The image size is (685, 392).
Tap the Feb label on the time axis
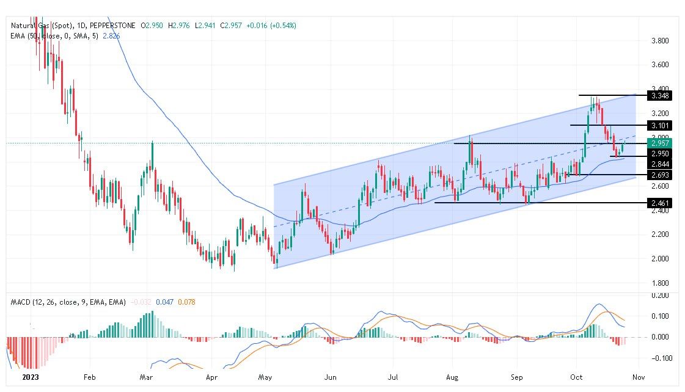[x=89, y=377]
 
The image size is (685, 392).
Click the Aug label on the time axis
[x=453, y=377]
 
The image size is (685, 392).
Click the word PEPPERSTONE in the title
[x=115, y=26]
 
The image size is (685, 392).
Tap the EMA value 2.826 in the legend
[x=111, y=36]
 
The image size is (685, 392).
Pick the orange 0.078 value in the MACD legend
[x=186, y=302]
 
